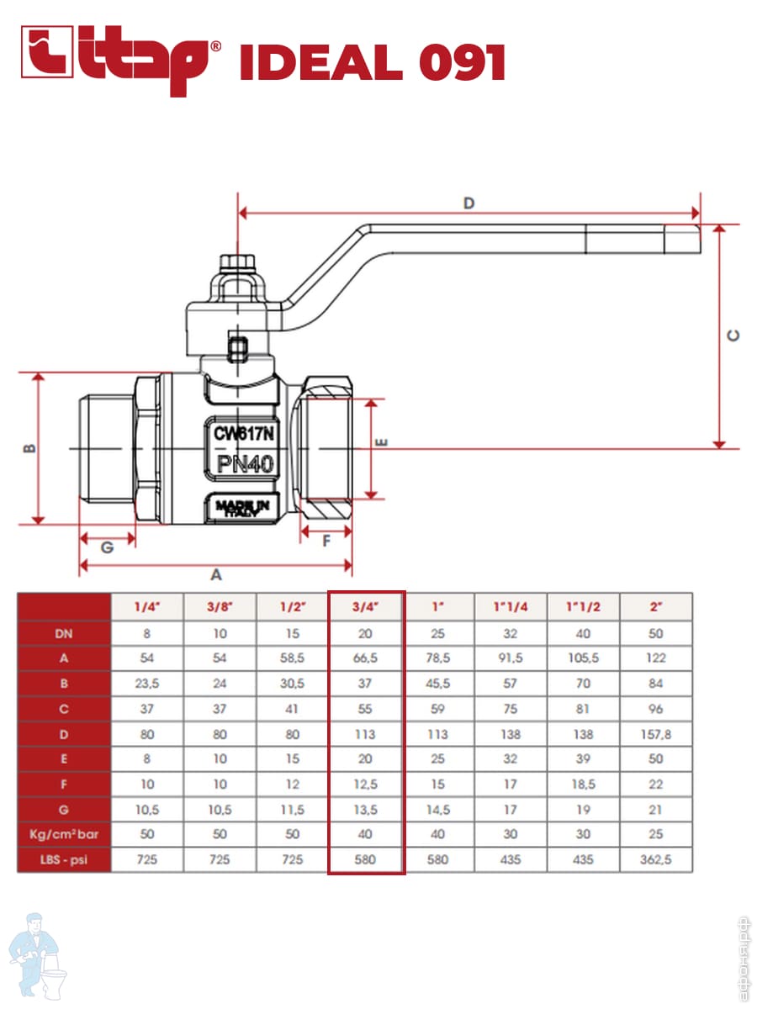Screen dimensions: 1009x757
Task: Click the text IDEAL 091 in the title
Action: pos(372,63)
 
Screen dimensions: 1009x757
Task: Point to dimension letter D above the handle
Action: pos(469,203)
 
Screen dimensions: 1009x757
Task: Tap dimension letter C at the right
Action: pos(733,335)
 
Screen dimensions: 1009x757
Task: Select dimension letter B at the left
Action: pos(28,448)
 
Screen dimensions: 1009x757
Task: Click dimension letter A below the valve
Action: pos(215,575)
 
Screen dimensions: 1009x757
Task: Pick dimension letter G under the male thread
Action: pos(107,547)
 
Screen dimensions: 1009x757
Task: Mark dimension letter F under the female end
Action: pos(326,541)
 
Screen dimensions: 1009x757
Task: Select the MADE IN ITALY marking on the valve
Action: pos(242,507)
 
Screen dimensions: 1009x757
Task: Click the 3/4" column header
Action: pos(366,606)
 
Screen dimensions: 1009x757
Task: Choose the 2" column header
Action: pos(656,606)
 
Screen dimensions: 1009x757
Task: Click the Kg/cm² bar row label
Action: pos(64,835)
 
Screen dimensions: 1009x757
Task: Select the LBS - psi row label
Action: pos(64,860)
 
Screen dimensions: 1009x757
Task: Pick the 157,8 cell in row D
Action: pos(656,734)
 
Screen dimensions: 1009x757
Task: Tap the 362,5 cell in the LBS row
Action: pos(656,860)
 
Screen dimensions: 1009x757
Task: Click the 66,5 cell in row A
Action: pos(366,658)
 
